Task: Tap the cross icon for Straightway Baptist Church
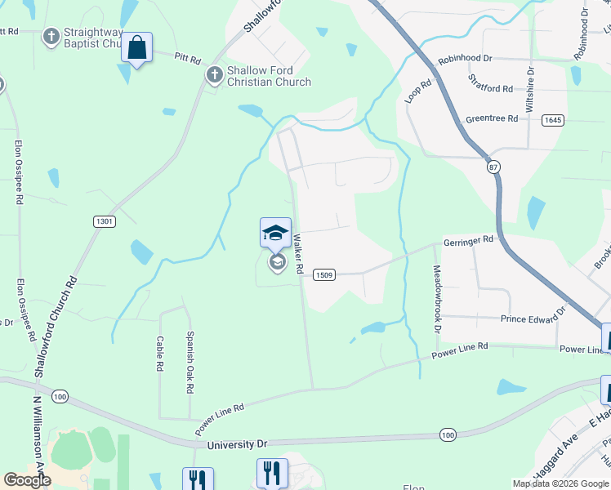click(x=51, y=36)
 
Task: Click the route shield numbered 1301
click(x=105, y=221)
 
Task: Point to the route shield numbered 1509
click(x=323, y=275)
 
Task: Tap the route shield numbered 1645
click(x=553, y=120)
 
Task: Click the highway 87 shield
click(x=493, y=167)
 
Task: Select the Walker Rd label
click(x=299, y=253)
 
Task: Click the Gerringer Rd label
click(x=469, y=240)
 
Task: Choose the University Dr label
click(x=237, y=445)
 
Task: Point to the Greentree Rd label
click(x=492, y=118)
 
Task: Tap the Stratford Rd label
click(x=491, y=82)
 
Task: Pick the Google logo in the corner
click(x=27, y=480)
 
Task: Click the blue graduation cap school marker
click(x=275, y=232)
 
